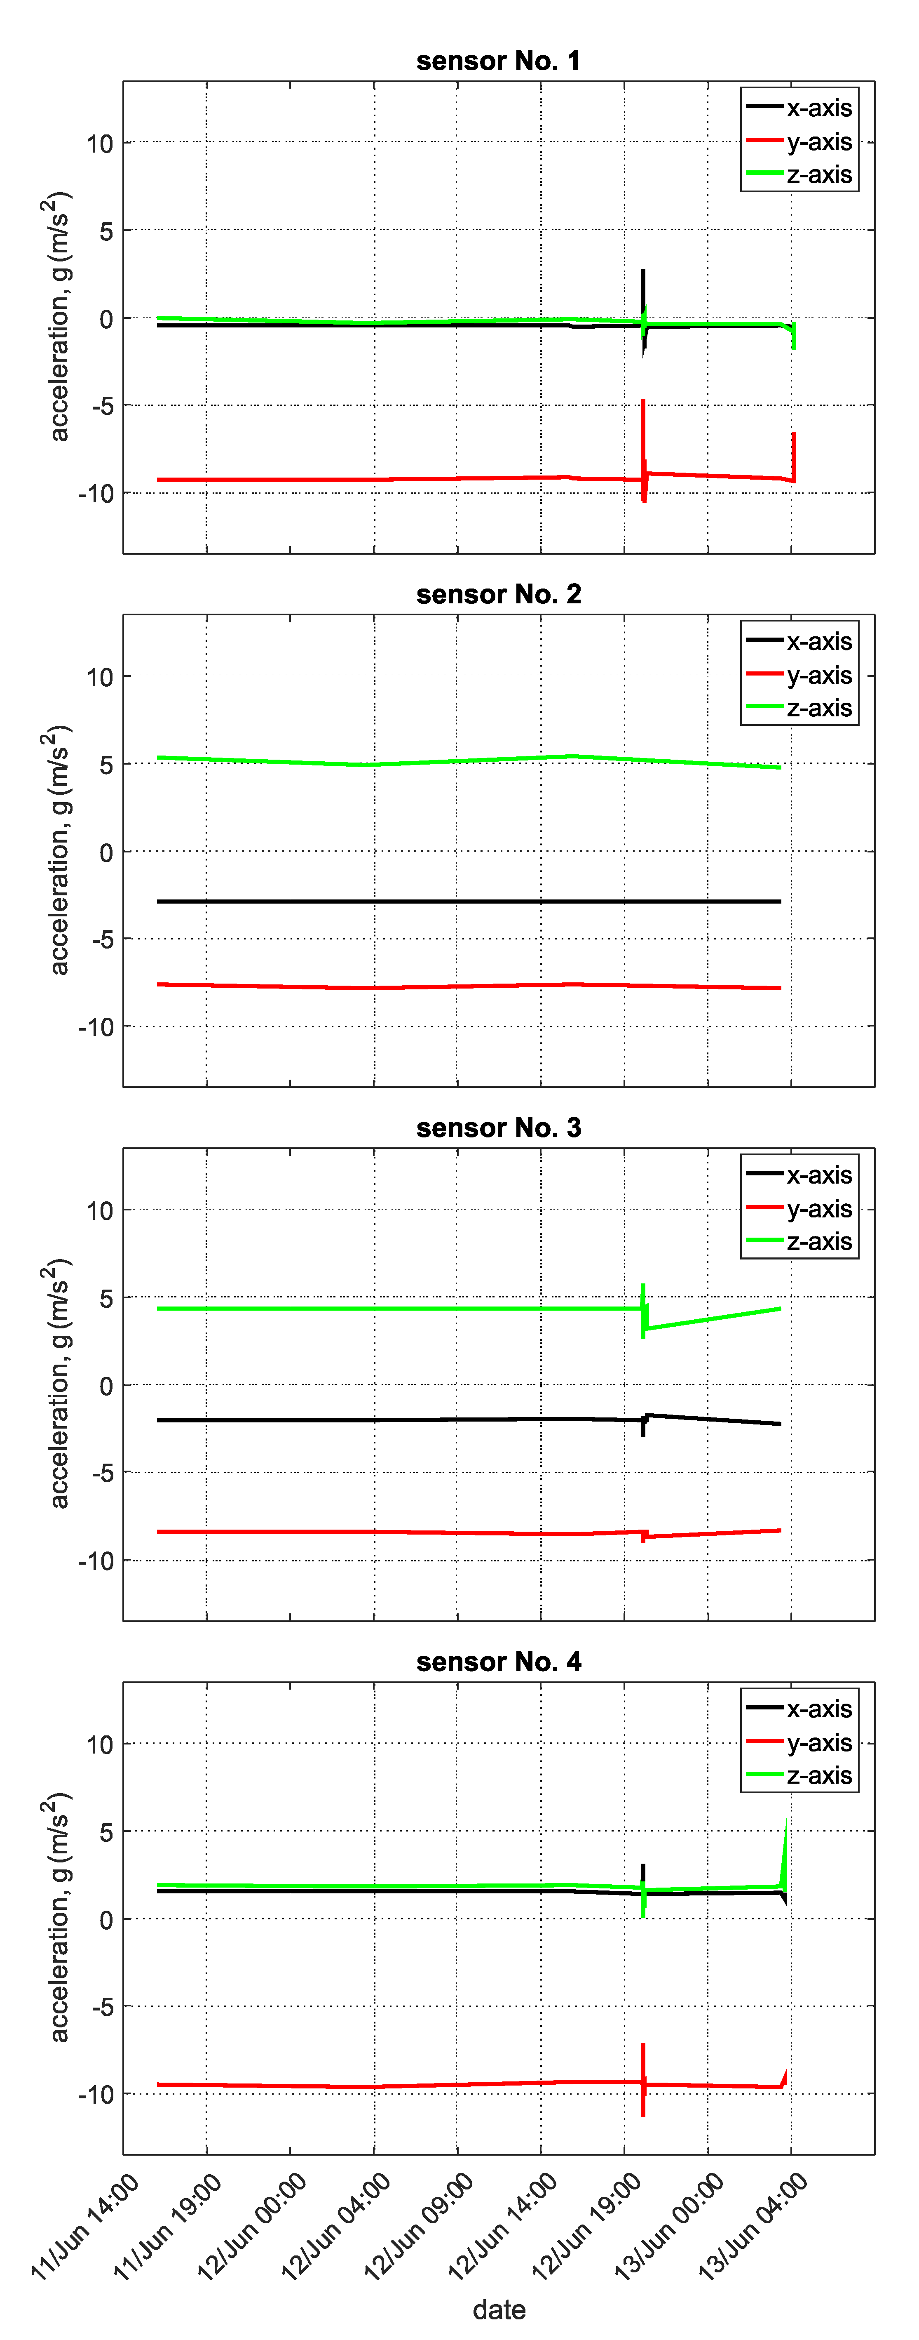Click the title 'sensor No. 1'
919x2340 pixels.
tap(498, 61)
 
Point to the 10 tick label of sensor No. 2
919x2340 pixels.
tap(100, 677)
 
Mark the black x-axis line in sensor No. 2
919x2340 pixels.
tap(454, 901)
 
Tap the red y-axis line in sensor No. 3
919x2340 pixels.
tap(363, 1532)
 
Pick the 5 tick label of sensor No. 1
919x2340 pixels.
tap(106, 231)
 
